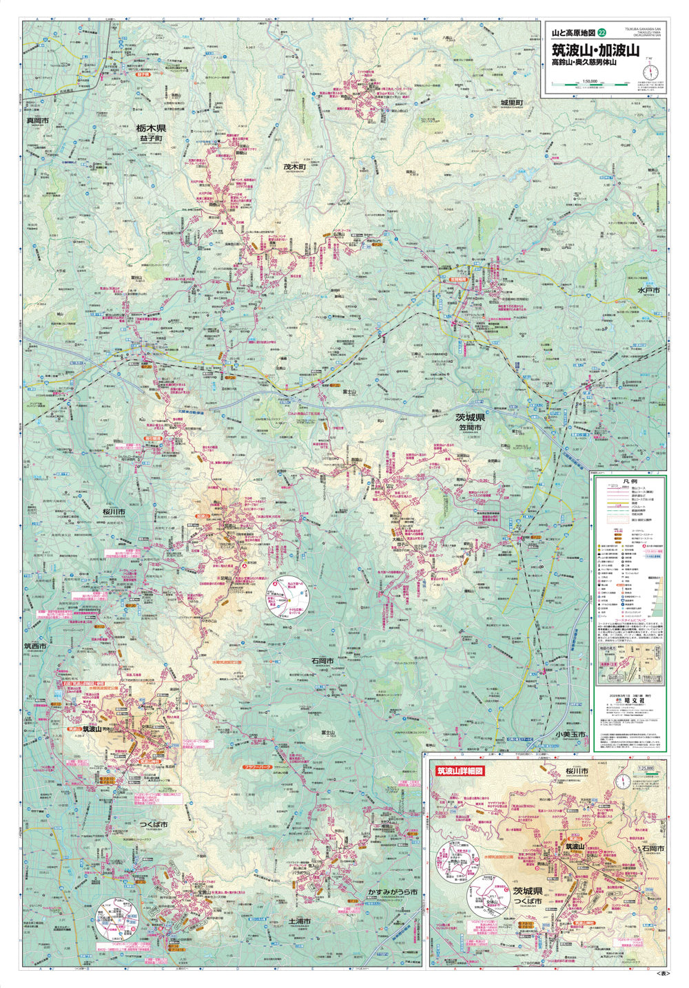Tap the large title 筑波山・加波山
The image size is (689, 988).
pos(595,50)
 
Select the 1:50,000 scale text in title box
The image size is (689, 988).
pos(589,80)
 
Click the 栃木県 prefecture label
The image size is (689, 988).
pos(151,128)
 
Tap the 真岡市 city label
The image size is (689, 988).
pos(37,120)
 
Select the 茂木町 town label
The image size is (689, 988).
pos(294,167)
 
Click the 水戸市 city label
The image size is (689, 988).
pos(648,291)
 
